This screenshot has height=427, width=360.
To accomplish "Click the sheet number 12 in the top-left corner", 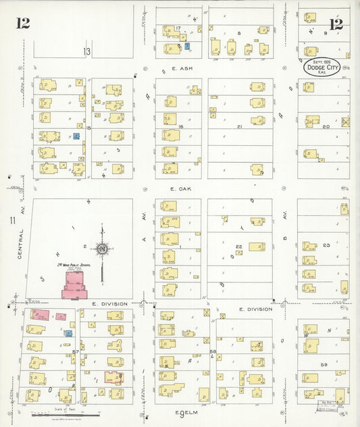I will pyautogui.click(x=23, y=24).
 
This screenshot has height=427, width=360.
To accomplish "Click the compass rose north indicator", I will pyautogui.click(x=103, y=249).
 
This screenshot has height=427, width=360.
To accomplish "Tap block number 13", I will pyautogui.click(x=86, y=51).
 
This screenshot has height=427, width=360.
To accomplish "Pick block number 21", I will pyautogui.click(x=240, y=126).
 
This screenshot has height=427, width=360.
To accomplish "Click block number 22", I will pyautogui.click(x=238, y=246).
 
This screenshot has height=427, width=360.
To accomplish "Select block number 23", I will pyautogui.click(x=326, y=245).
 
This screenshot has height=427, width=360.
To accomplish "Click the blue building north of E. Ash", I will pyautogui.click(x=187, y=46).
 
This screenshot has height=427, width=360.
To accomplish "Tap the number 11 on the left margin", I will pyautogui.click(x=12, y=220).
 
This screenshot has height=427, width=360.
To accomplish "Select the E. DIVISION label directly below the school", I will pyautogui.click(x=110, y=305).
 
